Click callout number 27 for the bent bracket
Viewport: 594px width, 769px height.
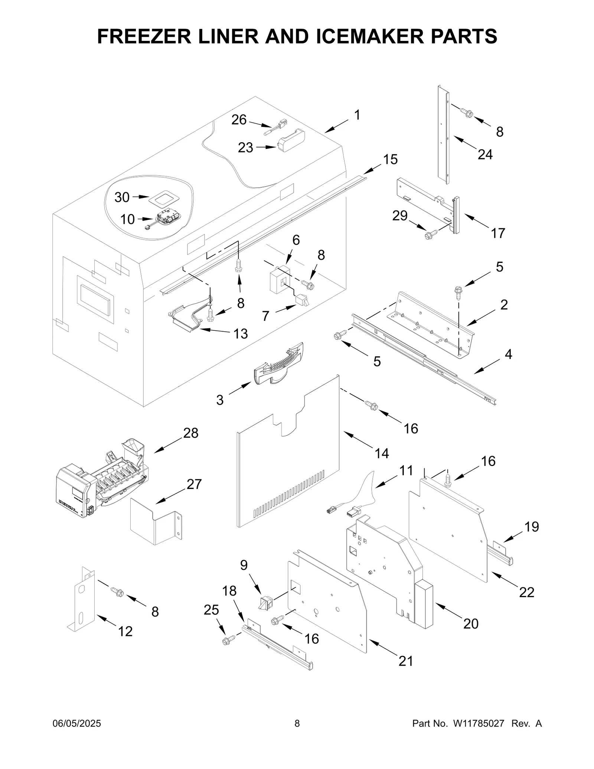click(x=194, y=484)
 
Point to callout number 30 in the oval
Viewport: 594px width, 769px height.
click(x=122, y=197)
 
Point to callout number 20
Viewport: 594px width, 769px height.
click(x=471, y=623)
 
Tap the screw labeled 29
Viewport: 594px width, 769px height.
click(x=431, y=234)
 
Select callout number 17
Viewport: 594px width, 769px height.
click(x=498, y=233)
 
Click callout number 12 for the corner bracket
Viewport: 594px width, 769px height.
click(x=125, y=631)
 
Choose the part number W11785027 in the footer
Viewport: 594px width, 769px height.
click(x=478, y=723)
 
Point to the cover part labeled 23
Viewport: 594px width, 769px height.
click(x=291, y=141)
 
